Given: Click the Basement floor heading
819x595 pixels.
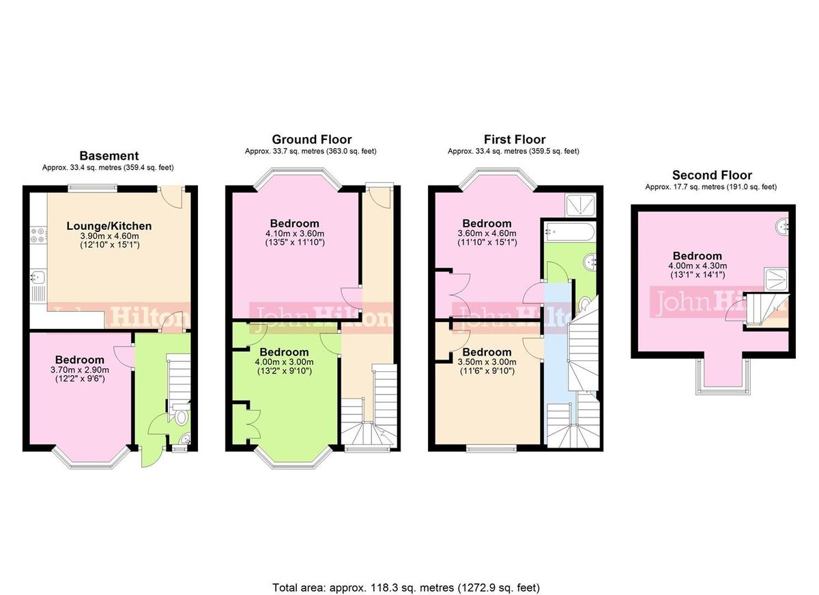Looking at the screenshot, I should (109, 156).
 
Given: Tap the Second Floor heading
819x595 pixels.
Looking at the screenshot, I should (712, 175).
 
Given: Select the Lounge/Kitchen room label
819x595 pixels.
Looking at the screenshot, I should (109, 226).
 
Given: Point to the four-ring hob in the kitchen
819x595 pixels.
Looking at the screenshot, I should (38, 235).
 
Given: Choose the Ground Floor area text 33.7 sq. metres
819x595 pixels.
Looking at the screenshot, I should (311, 151).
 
